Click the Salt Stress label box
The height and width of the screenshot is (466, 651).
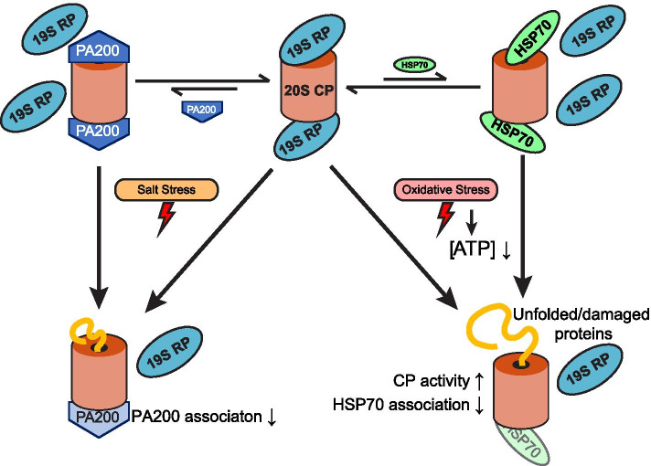tap(166, 190)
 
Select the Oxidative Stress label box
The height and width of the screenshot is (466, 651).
tap(445, 190)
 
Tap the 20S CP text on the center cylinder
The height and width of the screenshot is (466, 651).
tap(309, 90)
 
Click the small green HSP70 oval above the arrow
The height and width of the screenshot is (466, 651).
tap(415, 65)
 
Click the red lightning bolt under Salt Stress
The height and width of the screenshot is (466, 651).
tap(166, 218)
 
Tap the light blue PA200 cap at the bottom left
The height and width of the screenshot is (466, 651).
tap(98, 418)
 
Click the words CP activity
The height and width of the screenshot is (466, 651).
tap(431, 380)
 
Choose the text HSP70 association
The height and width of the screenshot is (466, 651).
tap(401, 405)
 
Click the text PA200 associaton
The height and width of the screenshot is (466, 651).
tap(197, 417)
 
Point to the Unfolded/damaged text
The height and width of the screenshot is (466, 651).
tap(581, 314)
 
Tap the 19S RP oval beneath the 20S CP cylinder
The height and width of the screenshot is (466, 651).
tap(307, 136)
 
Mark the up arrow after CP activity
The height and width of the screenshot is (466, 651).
tap(479, 381)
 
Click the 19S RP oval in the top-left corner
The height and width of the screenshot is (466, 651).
tap(54, 28)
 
